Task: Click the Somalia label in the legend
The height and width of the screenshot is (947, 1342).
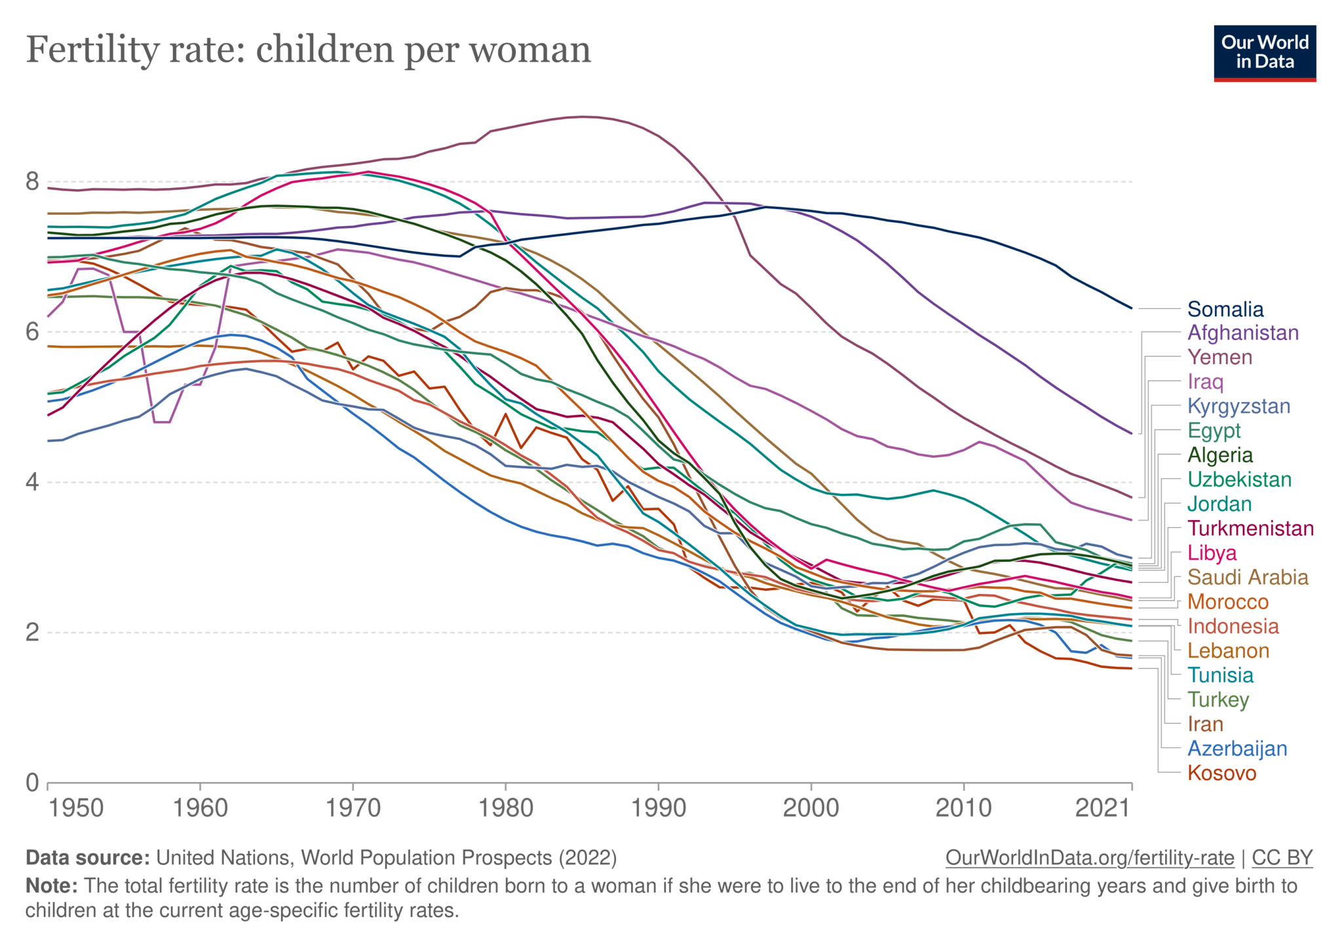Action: (x=1225, y=309)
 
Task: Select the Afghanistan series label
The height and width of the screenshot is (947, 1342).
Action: (x=1242, y=333)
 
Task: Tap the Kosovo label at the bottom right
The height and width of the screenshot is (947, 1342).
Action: (x=1221, y=773)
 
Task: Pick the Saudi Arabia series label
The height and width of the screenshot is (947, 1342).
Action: (x=1247, y=577)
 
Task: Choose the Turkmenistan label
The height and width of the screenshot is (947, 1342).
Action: (x=1250, y=529)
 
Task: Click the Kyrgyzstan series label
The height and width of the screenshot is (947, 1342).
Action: (x=1238, y=406)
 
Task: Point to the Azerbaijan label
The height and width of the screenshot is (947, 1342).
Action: (x=1237, y=749)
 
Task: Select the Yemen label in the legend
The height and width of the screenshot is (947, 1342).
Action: (x=1219, y=357)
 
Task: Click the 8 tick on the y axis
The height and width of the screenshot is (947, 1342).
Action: (x=32, y=181)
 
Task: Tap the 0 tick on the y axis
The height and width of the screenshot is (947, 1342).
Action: (x=32, y=783)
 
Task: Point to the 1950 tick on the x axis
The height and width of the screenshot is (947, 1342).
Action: (x=76, y=808)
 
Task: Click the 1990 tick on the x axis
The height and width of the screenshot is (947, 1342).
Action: (x=658, y=808)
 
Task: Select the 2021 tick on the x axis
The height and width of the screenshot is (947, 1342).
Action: (x=1103, y=808)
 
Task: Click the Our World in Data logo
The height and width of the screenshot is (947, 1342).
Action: (x=1264, y=53)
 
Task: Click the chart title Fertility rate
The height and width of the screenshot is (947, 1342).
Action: (x=308, y=50)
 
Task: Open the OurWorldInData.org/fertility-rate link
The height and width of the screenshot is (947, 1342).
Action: (x=1089, y=858)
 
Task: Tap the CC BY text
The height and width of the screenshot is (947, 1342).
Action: (x=1282, y=858)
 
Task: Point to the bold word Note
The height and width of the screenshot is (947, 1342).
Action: (x=52, y=886)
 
